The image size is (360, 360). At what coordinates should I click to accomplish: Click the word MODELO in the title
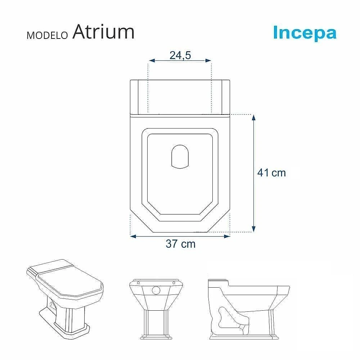point(47,35)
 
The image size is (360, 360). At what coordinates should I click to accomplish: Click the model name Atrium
point(103,32)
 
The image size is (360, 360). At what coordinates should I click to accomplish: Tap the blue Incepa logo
point(305,33)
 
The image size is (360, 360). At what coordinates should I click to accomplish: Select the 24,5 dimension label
point(180,55)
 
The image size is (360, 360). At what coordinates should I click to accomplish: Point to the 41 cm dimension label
point(271,173)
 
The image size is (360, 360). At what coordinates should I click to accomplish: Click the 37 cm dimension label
point(181,244)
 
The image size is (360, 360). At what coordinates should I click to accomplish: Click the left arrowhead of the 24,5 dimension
point(152,60)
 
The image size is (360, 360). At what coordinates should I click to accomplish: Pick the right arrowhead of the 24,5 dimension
point(208,60)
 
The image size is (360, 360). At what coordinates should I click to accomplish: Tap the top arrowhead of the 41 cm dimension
point(253,118)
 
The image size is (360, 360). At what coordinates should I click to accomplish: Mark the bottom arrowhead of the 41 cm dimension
point(253,229)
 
